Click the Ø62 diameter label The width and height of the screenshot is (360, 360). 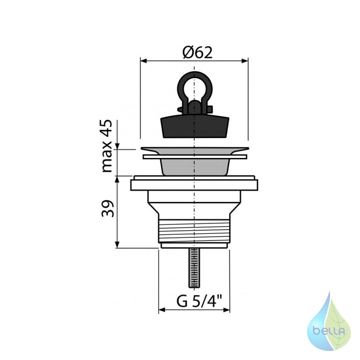pos(198,53)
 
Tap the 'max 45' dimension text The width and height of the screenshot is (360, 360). pos(107,146)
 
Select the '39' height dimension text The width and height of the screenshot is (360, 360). pos(108,208)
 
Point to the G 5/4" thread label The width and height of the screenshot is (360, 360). pos(199,301)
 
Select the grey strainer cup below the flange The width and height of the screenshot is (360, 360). pos(195,167)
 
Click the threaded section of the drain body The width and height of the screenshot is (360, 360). pos(194,231)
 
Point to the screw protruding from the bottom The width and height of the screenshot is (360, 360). pos(194,268)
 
